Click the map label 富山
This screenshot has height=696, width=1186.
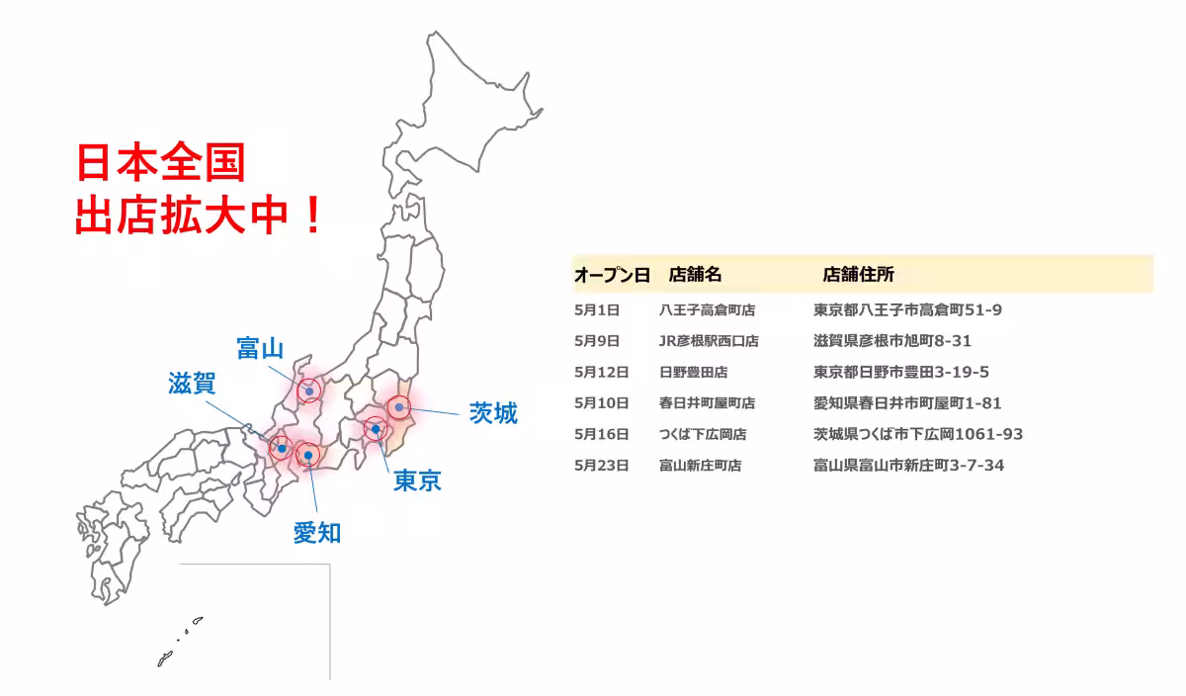click(260, 348)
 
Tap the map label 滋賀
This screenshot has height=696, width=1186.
click(192, 384)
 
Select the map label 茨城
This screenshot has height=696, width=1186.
click(493, 413)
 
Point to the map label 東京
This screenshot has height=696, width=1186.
click(417, 481)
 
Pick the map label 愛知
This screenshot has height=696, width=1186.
click(317, 533)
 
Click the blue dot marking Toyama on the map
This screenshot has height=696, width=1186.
click(310, 391)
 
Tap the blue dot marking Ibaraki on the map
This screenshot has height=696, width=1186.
click(398, 406)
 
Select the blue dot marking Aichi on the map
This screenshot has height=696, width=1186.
click(308, 455)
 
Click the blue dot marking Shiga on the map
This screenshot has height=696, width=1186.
click(282, 448)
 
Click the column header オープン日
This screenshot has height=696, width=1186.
click(612, 274)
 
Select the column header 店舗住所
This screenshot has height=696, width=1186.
click(858, 274)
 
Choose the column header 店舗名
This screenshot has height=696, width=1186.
click(696, 274)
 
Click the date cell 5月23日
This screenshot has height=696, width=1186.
click(601, 465)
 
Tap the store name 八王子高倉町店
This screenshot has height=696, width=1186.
click(707, 310)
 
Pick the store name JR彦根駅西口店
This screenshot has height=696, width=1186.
click(709, 341)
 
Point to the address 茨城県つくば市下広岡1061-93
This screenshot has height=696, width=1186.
click(918, 434)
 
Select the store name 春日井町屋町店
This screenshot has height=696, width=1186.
click(707, 403)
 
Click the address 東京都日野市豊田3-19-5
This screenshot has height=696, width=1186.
click(901, 372)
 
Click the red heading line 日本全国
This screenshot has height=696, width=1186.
click(161, 163)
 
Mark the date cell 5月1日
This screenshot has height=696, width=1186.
click(597, 310)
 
